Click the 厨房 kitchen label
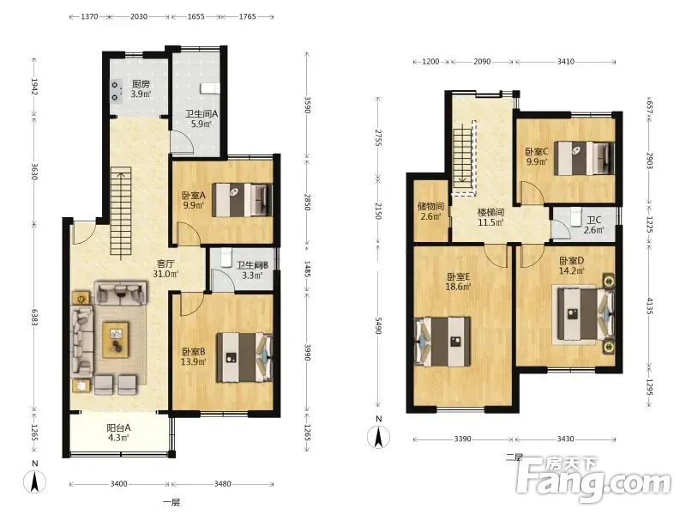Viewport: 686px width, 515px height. pos(141,88)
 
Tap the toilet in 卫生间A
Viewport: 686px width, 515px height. pos(210,88)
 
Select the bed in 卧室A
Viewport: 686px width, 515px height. pos(242,200)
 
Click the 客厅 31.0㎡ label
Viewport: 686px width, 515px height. pos(165,269)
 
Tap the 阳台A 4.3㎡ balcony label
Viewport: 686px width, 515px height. pos(118,432)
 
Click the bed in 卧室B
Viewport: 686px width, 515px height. pos(244,358)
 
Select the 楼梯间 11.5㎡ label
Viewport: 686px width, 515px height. pos(490,217)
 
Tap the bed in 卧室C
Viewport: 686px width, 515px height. pos(585,158)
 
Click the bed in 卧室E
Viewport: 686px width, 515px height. pos(442,341)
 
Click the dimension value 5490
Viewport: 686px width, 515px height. pos(378,324)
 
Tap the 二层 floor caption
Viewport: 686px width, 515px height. pos(514,458)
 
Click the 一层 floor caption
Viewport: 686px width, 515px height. pos(171,503)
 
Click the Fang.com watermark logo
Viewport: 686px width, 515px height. pos(593,481)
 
